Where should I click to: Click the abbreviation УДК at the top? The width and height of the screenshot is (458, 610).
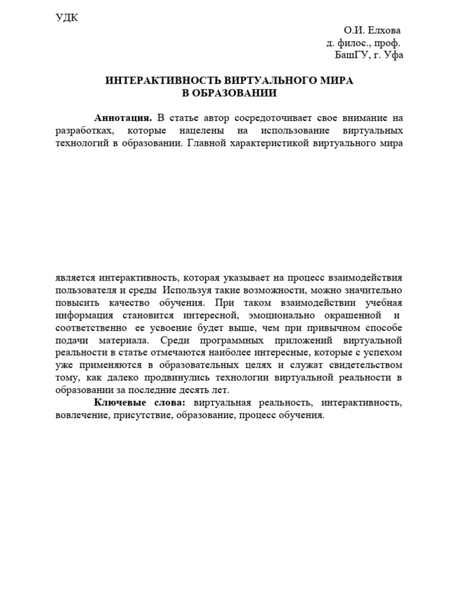pyautogui.click(x=67, y=17)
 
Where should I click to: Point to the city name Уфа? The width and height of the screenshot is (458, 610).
pyautogui.click(x=394, y=55)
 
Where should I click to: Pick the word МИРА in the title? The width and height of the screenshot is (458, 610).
pyautogui.click(x=336, y=80)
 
